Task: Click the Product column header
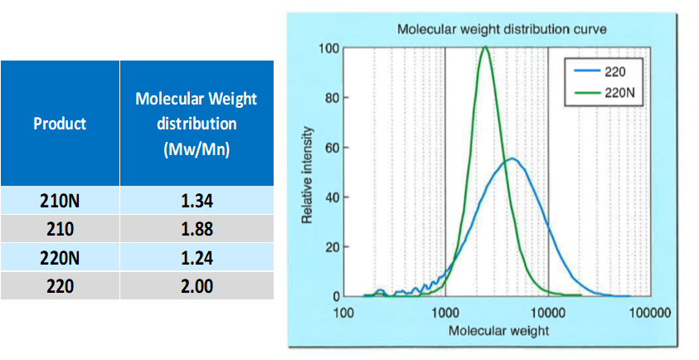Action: [60, 124]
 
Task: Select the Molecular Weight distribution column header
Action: [197, 124]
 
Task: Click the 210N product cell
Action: [60, 200]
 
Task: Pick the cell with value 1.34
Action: [197, 200]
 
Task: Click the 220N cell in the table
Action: [60, 258]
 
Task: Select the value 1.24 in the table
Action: [197, 258]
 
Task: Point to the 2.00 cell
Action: [197, 286]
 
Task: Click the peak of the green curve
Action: [485, 48]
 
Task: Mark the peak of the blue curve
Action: [512, 158]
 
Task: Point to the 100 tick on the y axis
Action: [328, 48]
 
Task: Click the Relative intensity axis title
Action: [308, 175]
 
